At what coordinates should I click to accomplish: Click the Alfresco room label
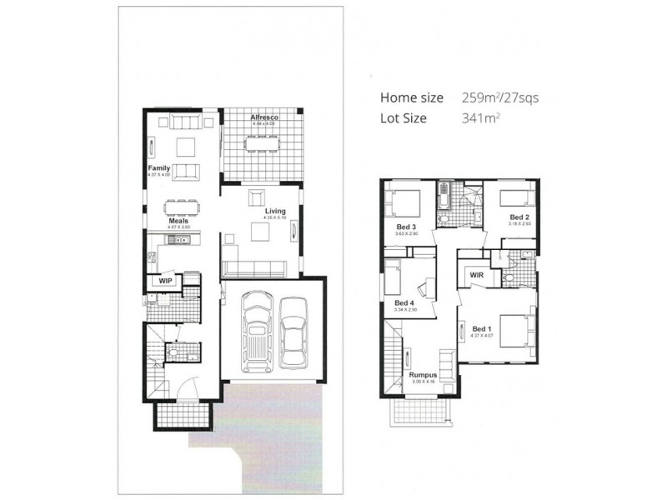coord(263,118)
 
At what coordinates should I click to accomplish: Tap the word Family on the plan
coord(158,168)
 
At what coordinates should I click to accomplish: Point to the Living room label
coord(275,212)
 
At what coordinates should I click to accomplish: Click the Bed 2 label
coord(519,217)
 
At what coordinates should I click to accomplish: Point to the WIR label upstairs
coord(477,275)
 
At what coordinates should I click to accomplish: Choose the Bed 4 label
coord(404,302)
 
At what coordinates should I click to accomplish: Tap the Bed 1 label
coord(482,328)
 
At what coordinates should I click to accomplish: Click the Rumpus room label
coord(424,376)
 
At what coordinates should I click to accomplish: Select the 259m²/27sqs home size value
coord(500,97)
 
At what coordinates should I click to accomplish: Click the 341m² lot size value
coord(480,118)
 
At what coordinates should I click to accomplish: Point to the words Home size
coord(414,97)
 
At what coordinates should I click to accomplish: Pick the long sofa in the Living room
coord(254,268)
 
